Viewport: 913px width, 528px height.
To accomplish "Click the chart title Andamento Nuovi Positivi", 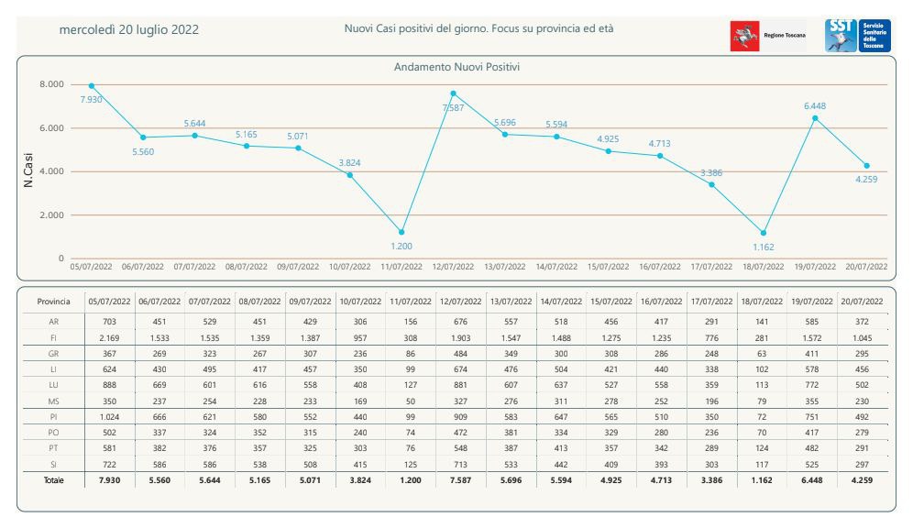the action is pos(456,67).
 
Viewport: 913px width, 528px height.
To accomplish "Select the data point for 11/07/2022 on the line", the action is pos(401,232).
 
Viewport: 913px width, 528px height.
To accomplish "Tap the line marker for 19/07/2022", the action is pos(815,118).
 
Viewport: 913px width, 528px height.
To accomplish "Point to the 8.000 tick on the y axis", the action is pos(52,84).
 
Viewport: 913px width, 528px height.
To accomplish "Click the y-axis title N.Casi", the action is pos(27,170).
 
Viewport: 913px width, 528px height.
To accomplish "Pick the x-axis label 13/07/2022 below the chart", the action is pos(505,267).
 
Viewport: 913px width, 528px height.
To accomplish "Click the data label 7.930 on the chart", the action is pos(91,100).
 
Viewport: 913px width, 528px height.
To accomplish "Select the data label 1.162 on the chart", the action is pos(764,247).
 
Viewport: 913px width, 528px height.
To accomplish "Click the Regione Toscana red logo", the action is pos(744,36).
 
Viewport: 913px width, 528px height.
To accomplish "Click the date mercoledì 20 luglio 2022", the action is pos(128,29).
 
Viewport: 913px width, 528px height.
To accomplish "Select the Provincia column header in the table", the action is pos(53,302).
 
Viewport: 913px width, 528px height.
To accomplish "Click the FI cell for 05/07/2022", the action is pos(109,337).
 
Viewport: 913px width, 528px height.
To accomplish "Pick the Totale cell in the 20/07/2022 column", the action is pos(862,480).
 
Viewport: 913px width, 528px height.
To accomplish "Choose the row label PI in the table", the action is pos(53,417).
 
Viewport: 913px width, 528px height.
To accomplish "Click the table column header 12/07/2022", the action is pos(460,302).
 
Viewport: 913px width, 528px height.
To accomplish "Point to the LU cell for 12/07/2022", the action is pos(460,385).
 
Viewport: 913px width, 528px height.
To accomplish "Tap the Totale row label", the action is pos(53,480).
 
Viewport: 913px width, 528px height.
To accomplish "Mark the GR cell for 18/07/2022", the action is pos(762,353).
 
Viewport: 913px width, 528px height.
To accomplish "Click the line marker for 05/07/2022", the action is pos(92,86).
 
